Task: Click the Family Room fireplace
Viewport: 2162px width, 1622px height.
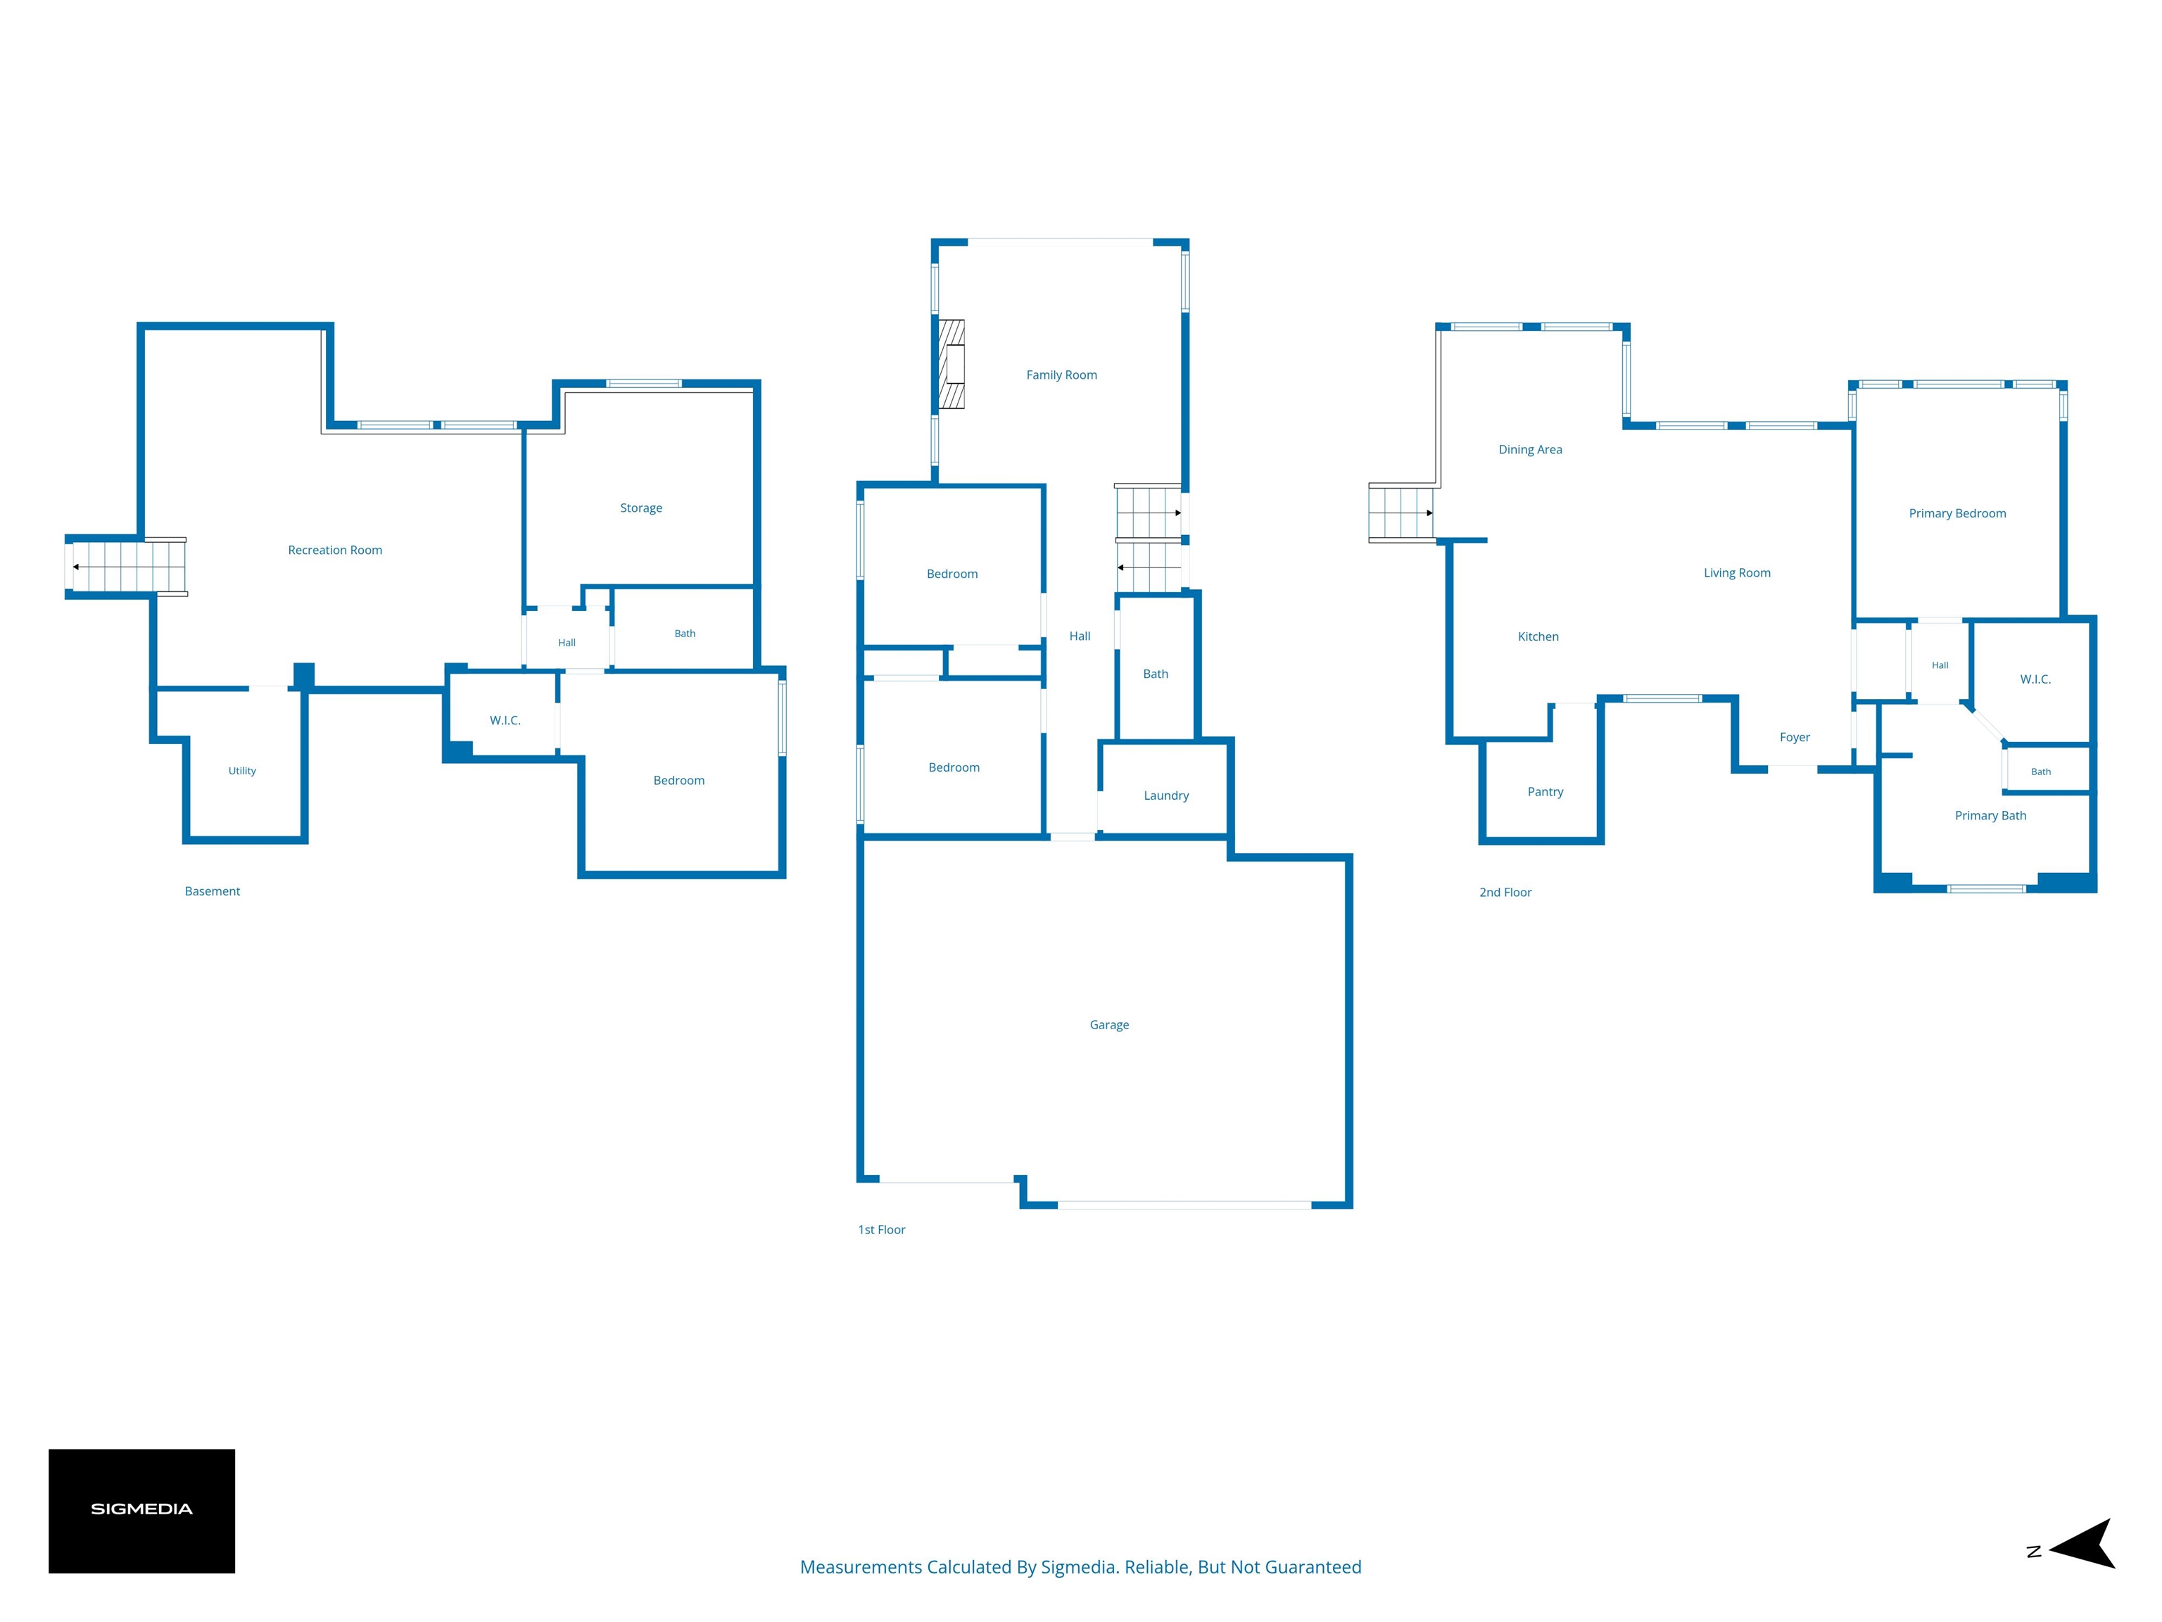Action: pyautogui.click(x=951, y=364)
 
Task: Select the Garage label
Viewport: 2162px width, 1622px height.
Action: pyautogui.click(x=1109, y=1024)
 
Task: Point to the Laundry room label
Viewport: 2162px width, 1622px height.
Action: pyautogui.click(x=1166, y=796)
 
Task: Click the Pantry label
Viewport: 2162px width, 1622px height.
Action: pyautogui.click(x=1545, y=792)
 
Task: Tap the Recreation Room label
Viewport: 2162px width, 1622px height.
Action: pyautogui.click(x=335, y=551)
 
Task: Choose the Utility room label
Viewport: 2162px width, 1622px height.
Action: pyautogui.click(x=242, y=770)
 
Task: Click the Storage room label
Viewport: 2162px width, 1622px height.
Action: pyautogui.click(x=641, y=508)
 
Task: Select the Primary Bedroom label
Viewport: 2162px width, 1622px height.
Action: pyautogui.click(x=1958, y=513)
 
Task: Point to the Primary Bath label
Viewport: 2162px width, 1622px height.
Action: pyautogui.click(x=1991, y=815)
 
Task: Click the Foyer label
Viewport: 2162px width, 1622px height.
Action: pyautogui.click(x=1795, y=737)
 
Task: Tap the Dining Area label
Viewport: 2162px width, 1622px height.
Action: pyautogui.click(x=1531, y=450)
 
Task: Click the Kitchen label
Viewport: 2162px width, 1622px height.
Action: pyautogui.click(x=1538, y=636)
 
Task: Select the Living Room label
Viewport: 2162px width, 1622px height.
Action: pyautogui.click(x=1737, y=573)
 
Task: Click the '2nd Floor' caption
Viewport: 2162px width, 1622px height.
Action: pyautogui.click(x=1505, y=893)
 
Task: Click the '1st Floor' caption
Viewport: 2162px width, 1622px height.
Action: pyautogui.click(x=882, y=1230)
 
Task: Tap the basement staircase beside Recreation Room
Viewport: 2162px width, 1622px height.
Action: pyautogui.click(x=125, y=567)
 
